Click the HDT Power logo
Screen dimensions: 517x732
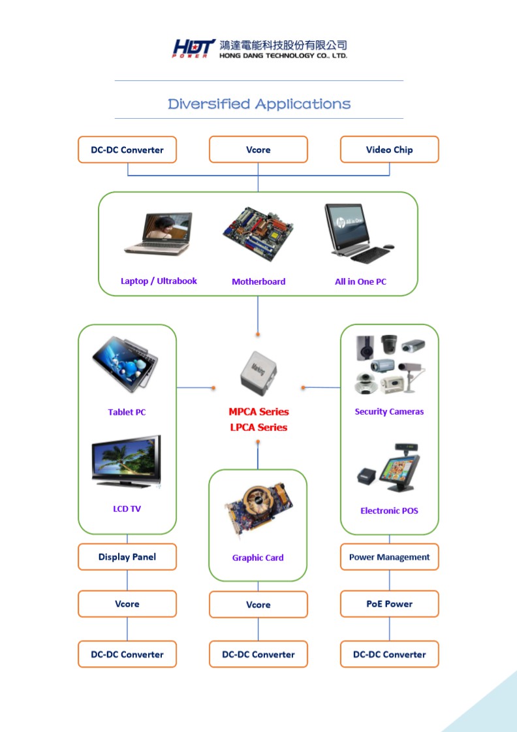194,48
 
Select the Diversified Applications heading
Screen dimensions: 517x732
259,104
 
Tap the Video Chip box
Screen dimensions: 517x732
389,150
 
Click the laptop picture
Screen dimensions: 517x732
158,233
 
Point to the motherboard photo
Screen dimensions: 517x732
258,233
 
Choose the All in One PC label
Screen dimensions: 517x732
360,281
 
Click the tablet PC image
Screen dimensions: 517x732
125,361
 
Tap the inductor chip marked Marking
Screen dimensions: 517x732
258,374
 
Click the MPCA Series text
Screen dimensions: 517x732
258,412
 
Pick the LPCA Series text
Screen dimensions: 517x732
258,427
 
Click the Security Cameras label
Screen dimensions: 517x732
389,412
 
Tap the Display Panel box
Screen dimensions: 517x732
127,556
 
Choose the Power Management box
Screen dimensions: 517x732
389,556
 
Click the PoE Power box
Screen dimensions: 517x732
389,603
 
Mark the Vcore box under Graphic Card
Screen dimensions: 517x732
258,605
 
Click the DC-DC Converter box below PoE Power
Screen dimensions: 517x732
389,654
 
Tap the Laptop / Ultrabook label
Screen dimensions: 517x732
159,281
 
